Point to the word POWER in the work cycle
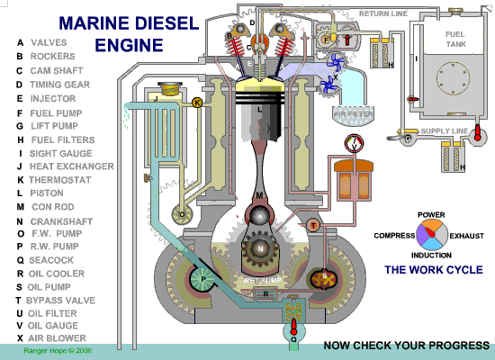(431, 215)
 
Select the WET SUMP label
(260, 281)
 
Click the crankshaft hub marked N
(261, 247)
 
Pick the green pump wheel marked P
(202, 281)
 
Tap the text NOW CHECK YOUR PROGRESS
(406, 345)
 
